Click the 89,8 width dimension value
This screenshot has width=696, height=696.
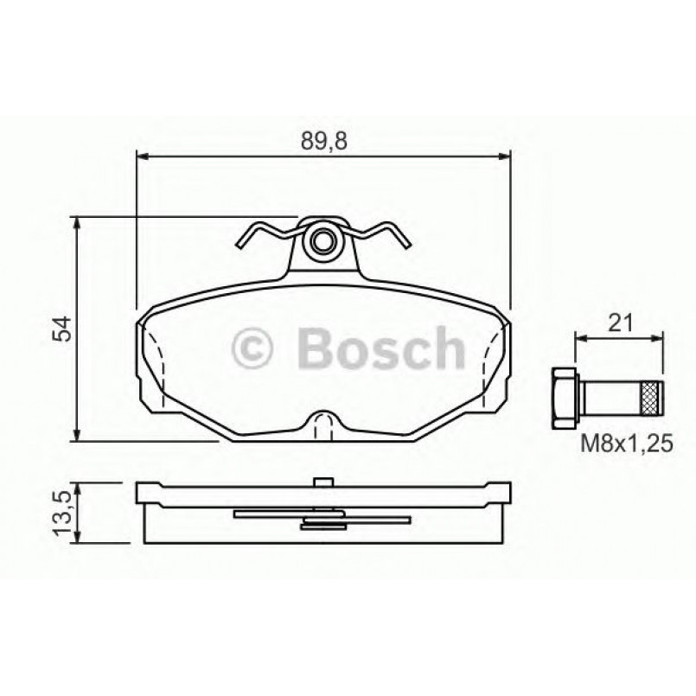coord(324,141)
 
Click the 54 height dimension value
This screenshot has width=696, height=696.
coord(61,329)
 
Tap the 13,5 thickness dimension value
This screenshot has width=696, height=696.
coord(61,513)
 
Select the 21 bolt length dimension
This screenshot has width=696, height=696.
coord(620,324)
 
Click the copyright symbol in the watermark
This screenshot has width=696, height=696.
coord(252,349)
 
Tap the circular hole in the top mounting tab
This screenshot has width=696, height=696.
coord(324,241)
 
